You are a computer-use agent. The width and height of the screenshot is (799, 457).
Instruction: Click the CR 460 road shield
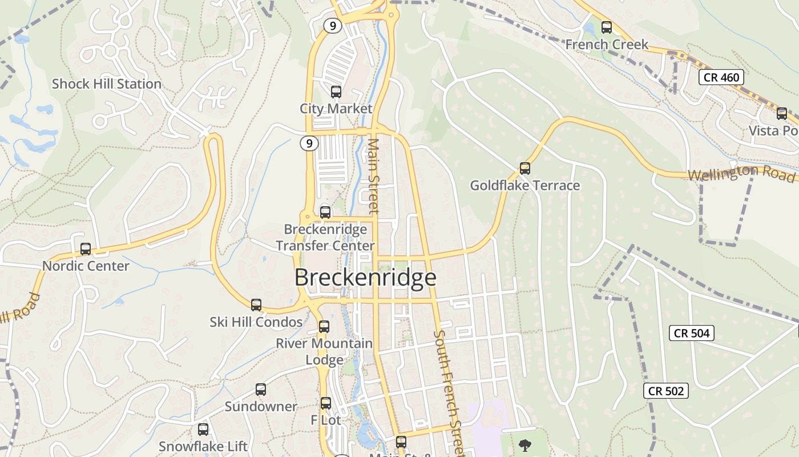coord(721,77)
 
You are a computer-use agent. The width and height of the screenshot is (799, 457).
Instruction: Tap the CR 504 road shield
coord(692,333)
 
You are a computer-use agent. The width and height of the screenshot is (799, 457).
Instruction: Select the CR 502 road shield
coord(666,391)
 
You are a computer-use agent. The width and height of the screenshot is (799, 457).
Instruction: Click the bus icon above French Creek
coord(607,27)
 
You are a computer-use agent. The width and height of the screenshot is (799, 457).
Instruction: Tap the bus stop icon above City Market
coord(336,91)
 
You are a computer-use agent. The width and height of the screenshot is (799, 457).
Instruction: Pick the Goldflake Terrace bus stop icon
coord(525,169)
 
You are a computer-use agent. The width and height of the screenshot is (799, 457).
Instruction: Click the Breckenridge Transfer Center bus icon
coord(325,213)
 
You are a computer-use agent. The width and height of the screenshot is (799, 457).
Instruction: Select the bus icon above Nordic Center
coord(86,249)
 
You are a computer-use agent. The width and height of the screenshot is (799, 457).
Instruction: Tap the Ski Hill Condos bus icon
coord(256,305)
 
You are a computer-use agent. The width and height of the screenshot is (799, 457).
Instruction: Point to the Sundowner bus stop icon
coord(261,390)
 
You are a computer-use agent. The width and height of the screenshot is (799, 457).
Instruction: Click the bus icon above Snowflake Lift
coord(203,430)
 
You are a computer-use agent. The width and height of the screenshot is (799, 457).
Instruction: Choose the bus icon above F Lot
coord(326,403)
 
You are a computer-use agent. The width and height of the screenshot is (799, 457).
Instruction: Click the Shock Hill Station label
coord(107,84)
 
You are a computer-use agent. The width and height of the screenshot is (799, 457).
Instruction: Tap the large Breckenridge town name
coord(365,278)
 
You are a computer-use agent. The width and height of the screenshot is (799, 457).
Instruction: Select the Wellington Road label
coord(741,172)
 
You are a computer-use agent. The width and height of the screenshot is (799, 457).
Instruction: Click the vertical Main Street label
coord(374,175)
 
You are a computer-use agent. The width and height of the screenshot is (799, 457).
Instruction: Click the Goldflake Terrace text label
coord(524,186)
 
